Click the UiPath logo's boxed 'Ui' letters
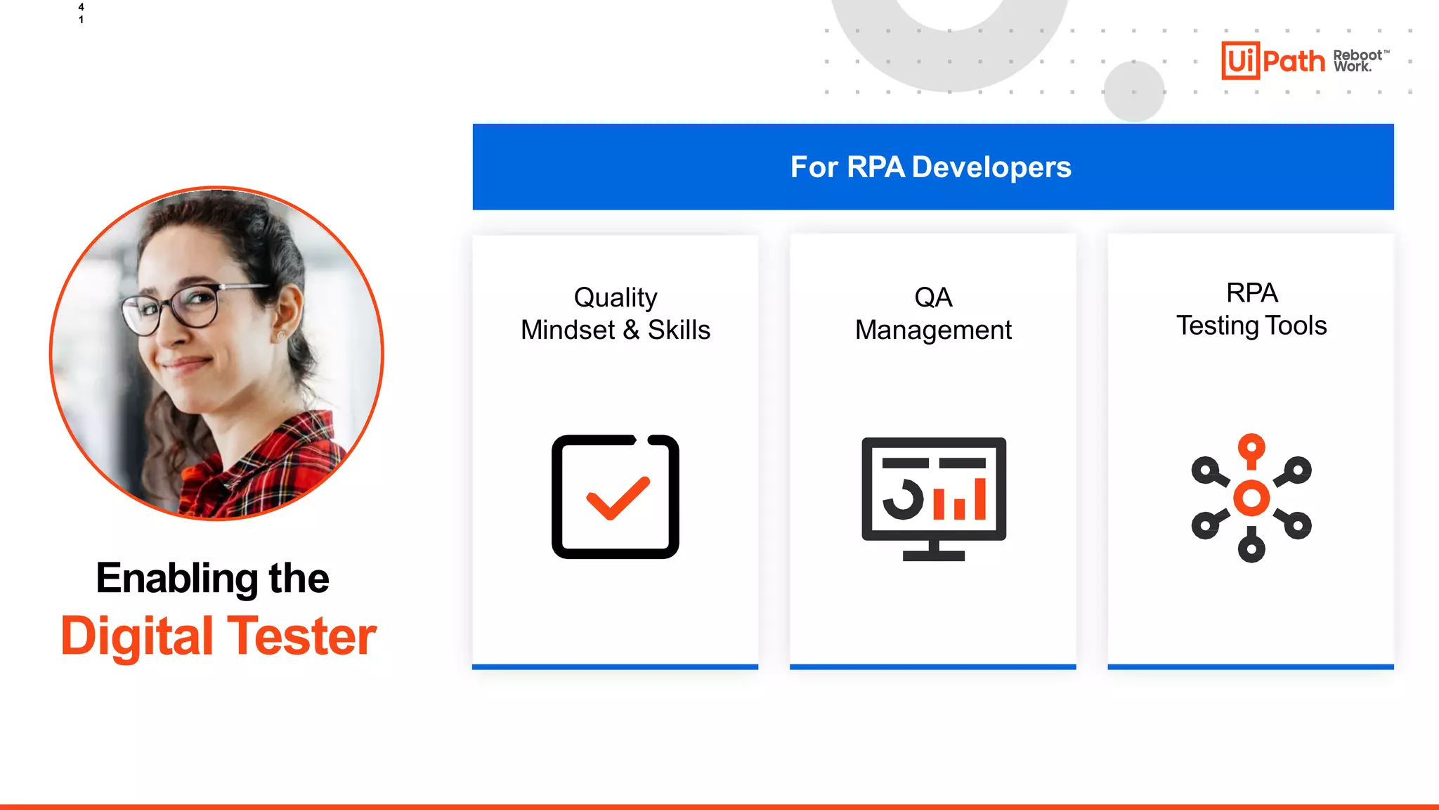1240,60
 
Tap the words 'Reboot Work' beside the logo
1357,60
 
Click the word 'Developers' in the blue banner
991,167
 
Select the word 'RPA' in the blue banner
875,167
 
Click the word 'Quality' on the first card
616,297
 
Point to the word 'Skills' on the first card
679,330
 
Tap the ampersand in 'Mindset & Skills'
631,330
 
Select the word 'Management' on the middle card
933,330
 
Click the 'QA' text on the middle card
933,297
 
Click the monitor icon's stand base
933,555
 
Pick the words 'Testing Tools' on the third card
1251,326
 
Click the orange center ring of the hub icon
1251,498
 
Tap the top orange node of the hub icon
1251,447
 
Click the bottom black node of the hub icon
1251,549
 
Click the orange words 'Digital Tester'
219,636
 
